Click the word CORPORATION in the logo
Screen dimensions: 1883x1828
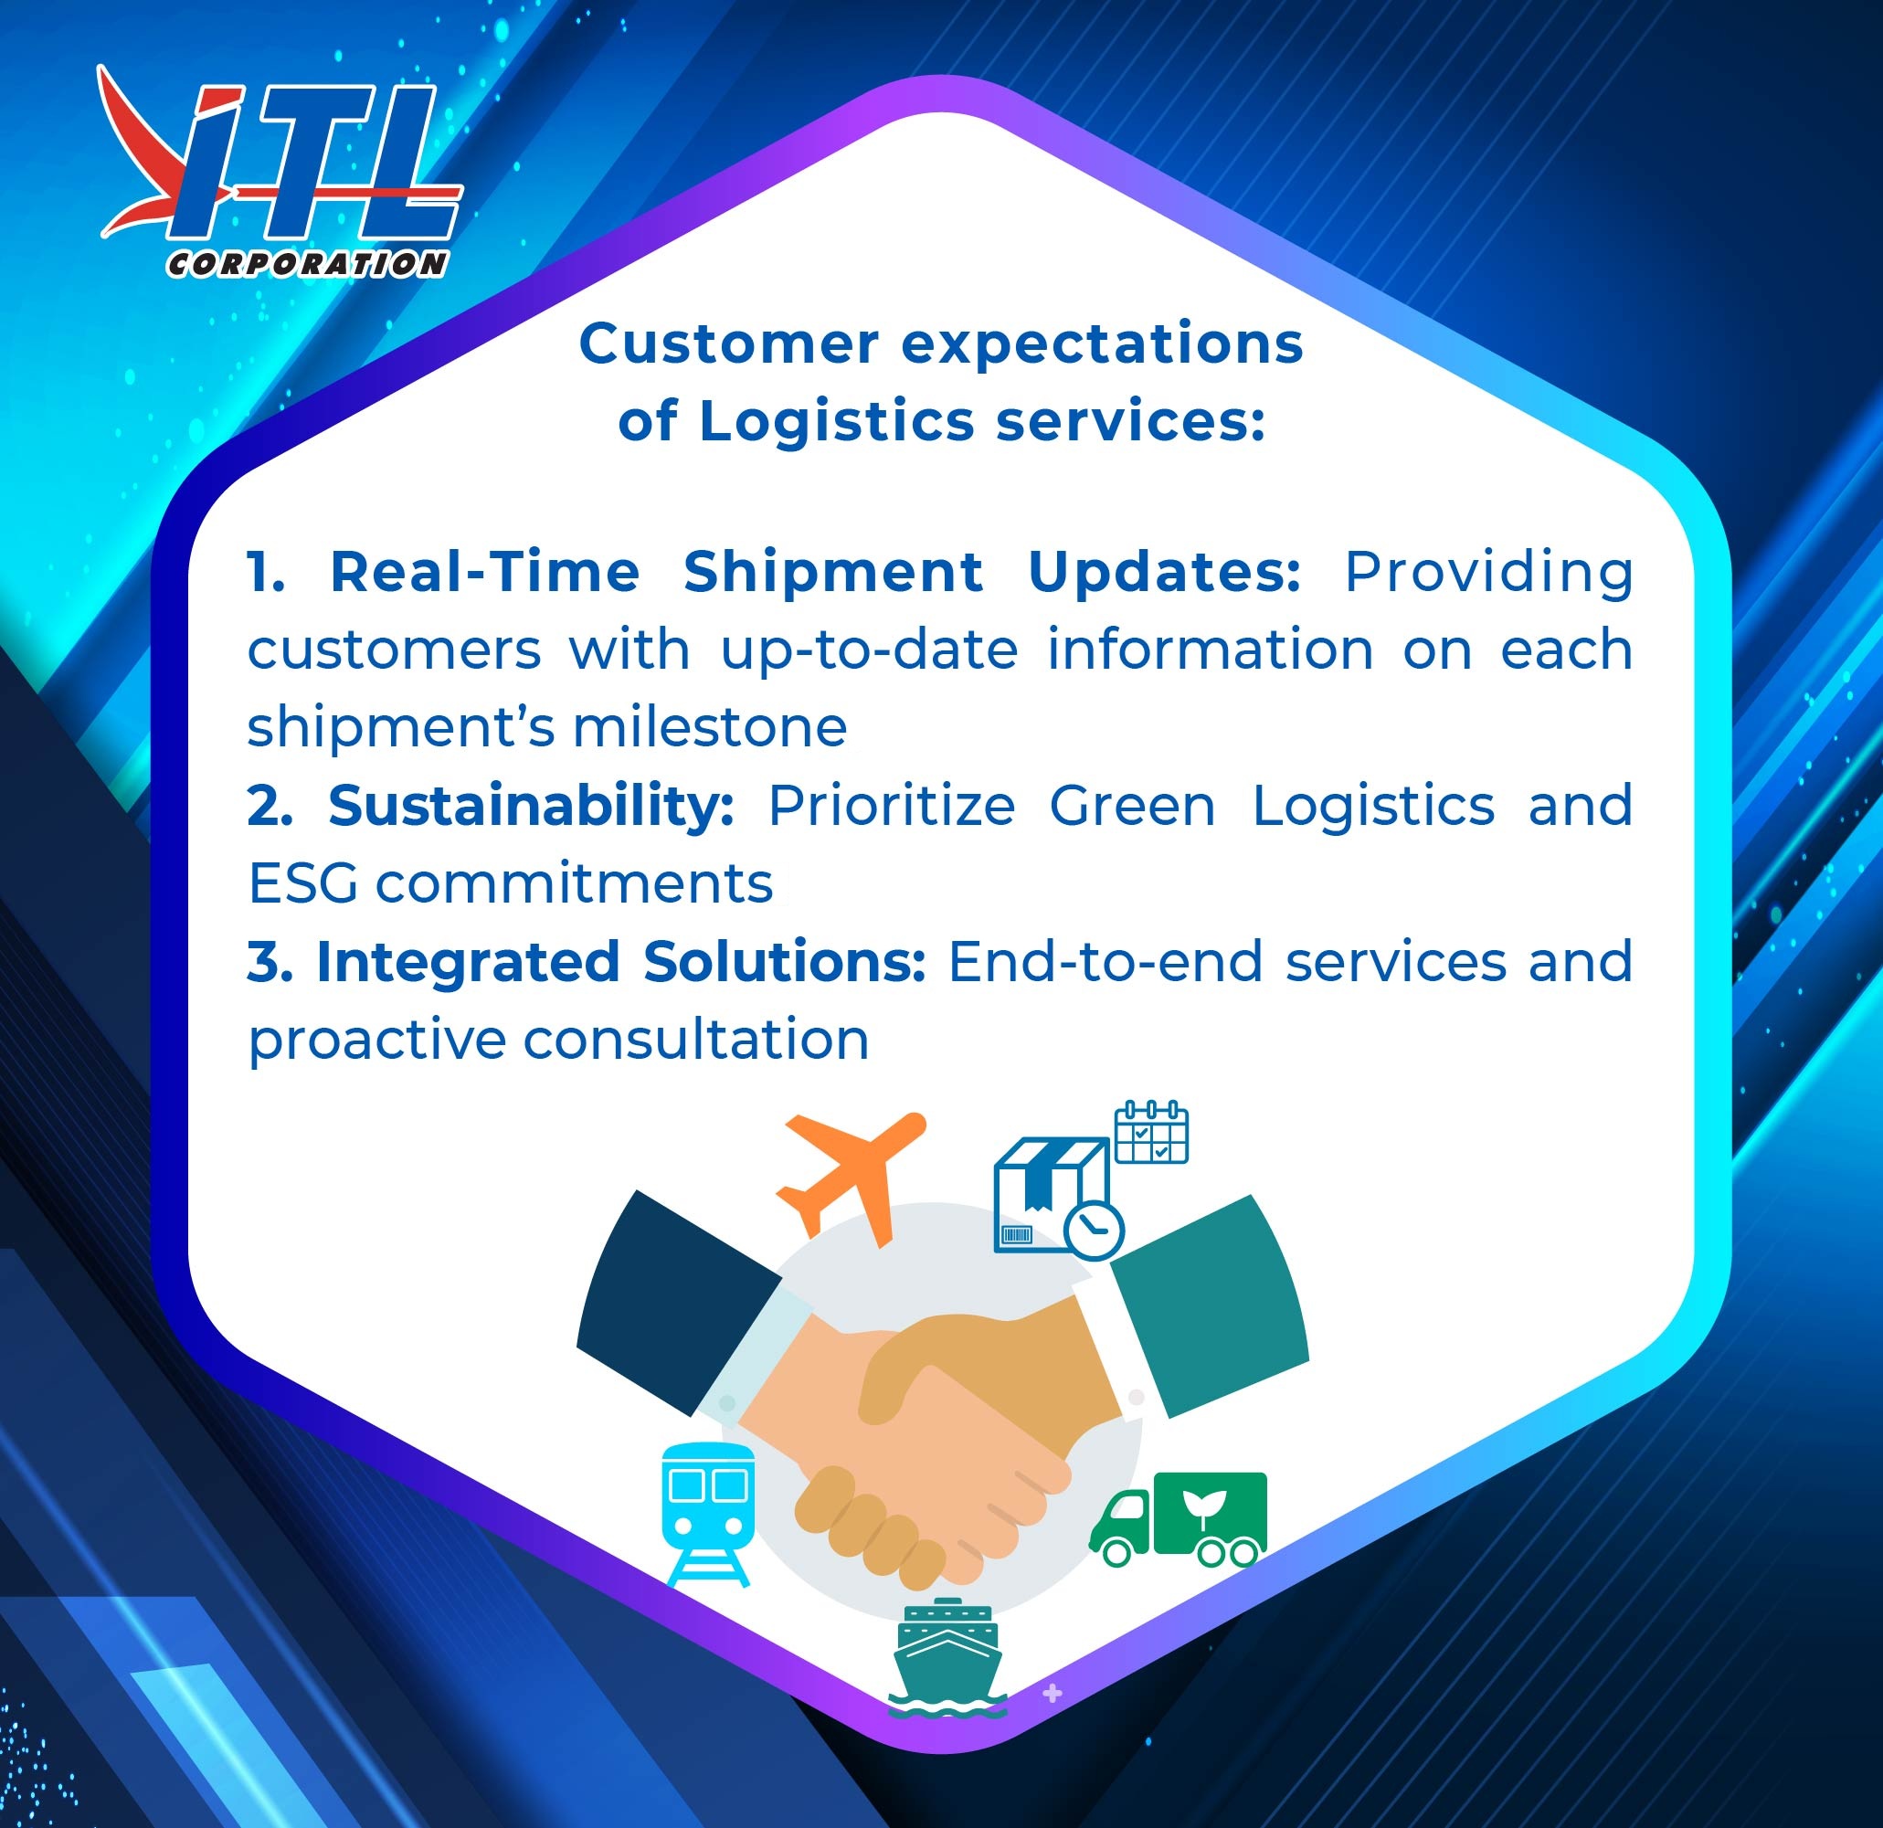pos(307,264)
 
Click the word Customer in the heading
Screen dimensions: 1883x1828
pos(728,343)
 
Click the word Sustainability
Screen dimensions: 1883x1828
pos(531,805)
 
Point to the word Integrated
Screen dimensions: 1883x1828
pos(468,962)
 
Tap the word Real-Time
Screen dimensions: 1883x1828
pos(484,572)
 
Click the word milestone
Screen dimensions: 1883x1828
pos(710,727)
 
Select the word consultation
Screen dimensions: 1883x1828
pos(696,1040)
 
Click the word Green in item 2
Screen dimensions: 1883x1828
pos(1133,805)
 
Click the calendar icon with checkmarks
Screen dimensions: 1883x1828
pos(1151,1132)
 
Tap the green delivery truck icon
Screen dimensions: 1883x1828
pos(1178,1519)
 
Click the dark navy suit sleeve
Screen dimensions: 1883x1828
pos(678,1303)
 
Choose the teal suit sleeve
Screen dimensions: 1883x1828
pos(1211,1305)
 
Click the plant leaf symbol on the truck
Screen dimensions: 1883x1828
pos(1203,1505)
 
